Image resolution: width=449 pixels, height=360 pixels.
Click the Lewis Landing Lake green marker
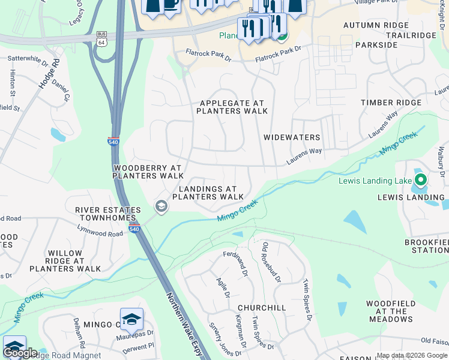point(421,180)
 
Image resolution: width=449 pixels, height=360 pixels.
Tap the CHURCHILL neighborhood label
point(262,308)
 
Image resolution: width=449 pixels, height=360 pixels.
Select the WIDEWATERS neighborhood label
point(292,137)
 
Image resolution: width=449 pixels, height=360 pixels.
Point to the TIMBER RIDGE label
point(391,103)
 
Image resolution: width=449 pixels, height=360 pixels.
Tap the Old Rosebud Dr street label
point(271,262)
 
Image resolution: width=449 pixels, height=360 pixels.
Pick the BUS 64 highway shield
point(101,38)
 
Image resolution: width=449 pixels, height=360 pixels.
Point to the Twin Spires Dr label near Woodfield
point(306,299)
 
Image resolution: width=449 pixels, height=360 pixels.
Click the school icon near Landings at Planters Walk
point(161,206)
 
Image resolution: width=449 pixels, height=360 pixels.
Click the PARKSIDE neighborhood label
point(376,45)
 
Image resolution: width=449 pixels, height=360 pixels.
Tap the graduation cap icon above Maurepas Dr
point(131,319)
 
